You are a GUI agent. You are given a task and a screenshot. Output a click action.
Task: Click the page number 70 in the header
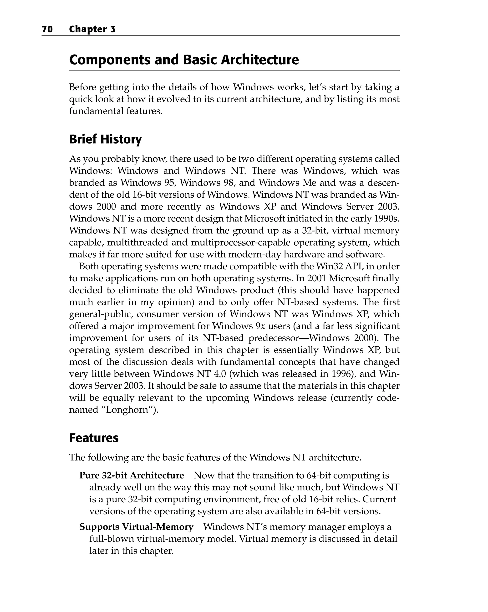pyautogui.click(x=47, y=29)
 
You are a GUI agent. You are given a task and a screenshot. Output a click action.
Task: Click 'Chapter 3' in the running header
pyautogui.click(x=92, y=29)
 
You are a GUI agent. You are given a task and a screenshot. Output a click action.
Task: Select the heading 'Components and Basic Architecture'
pyautogui.click(x=184, y=60)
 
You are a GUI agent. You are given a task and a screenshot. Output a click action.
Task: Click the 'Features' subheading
pyautogui.click(x=94, y=438)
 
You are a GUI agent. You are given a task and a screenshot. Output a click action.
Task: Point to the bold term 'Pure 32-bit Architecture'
pyautogui.click(x=131, y=475)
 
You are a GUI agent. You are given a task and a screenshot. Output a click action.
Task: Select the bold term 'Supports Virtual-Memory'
pyautogui.click(x=136, y=527)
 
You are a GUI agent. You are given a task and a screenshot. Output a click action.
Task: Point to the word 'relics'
pyautogui.click(x=344, y=499)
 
